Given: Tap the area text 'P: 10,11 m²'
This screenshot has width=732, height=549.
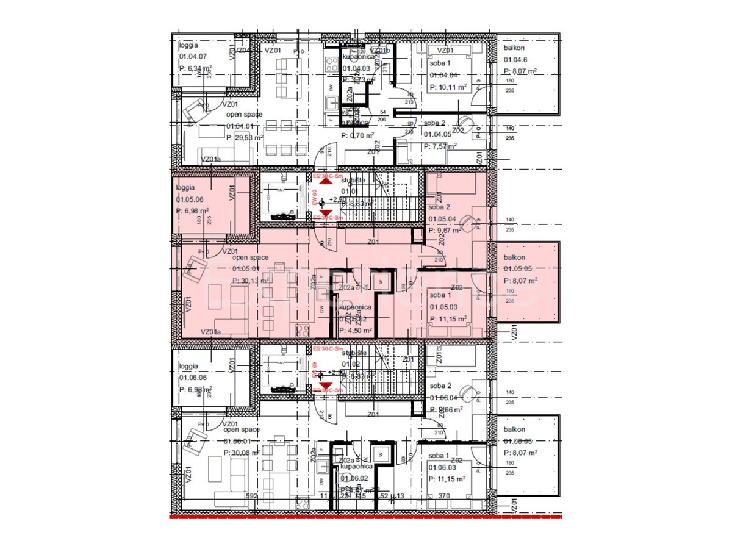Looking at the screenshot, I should (448, 87).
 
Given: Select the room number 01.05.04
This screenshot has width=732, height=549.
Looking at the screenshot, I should (442, 219).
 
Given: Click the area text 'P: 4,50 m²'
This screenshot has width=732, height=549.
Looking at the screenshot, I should (355, 331).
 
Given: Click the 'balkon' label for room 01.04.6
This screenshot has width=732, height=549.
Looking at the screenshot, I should (513, 48).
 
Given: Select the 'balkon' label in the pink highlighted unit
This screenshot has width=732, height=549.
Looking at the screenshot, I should (513, 257).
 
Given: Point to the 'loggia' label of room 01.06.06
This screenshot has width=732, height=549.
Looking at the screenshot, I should (188, 366).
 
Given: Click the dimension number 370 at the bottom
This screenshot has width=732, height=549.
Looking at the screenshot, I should (445, 497).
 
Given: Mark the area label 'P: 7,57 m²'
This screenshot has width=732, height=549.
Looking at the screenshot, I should (443, 146).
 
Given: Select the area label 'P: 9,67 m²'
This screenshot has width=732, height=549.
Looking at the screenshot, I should (445, 231).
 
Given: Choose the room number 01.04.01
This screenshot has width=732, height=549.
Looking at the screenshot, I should (242, 126).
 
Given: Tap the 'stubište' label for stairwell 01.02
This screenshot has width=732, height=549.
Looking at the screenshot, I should (353, 353).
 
